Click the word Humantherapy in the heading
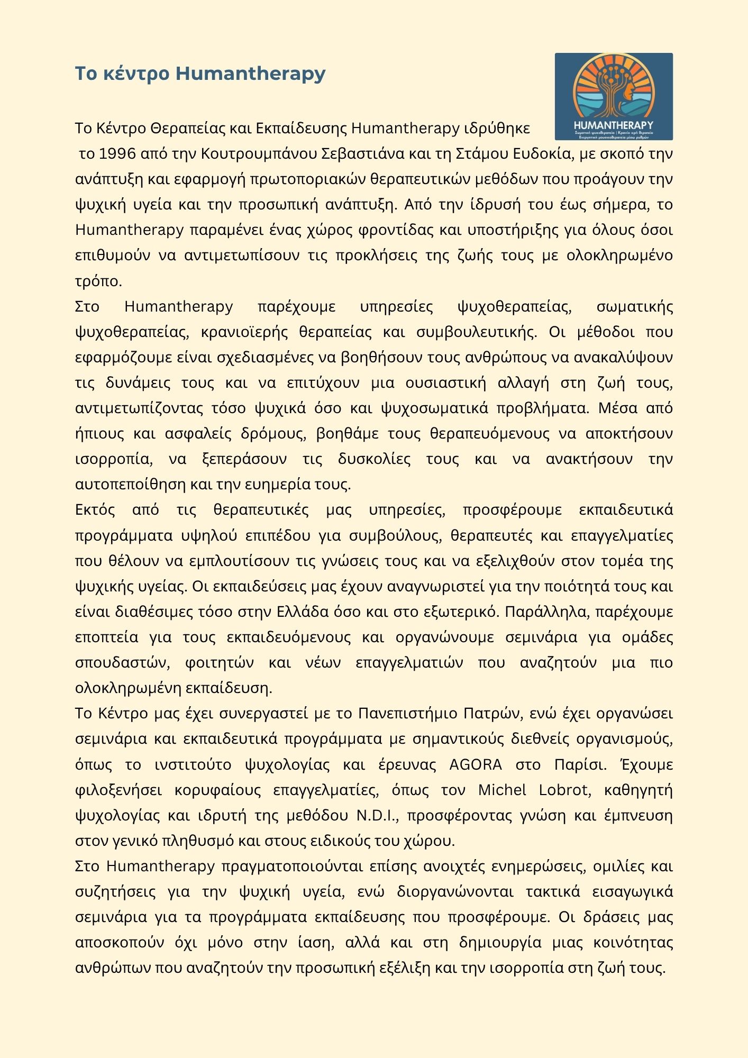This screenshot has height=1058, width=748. click(x=250, y=74)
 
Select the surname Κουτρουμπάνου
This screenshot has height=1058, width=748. click(x=259, y=154)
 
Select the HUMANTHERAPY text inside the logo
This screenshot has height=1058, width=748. click(x=614, y=125)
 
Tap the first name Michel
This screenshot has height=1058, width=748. click(x=502, y=790)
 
